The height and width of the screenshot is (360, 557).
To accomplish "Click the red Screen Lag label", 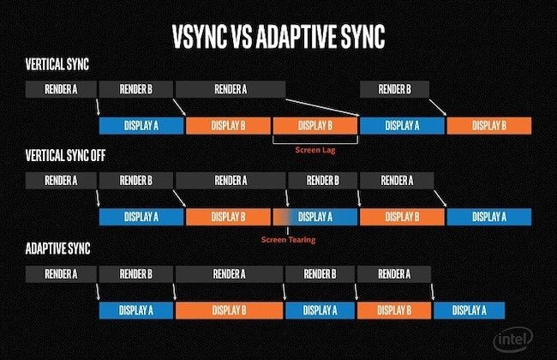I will tap(314, 148).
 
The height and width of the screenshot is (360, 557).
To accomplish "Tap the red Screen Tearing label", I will tap(289, 240).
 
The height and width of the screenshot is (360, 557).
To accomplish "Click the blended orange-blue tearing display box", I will tap(315, 217).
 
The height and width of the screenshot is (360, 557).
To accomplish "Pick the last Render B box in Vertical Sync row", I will tap(394, 88).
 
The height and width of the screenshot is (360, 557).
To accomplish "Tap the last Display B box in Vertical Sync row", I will tap(488, 126).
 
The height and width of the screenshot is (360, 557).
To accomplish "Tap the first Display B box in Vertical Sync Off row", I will tap(227, 217).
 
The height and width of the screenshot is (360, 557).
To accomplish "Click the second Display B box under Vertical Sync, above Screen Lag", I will tap(314, 126).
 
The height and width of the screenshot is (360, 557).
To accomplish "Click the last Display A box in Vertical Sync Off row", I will tap(488, 217).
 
